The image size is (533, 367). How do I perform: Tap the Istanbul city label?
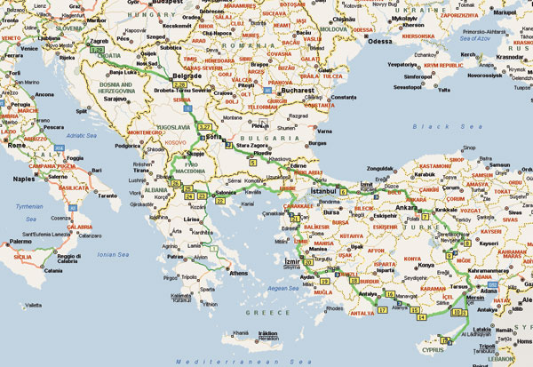(324, 191)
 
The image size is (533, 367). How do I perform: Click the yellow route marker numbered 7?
(425, 217)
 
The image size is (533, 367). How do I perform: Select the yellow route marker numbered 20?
(307, 263)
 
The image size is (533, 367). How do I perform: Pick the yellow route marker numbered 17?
(383, 310)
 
